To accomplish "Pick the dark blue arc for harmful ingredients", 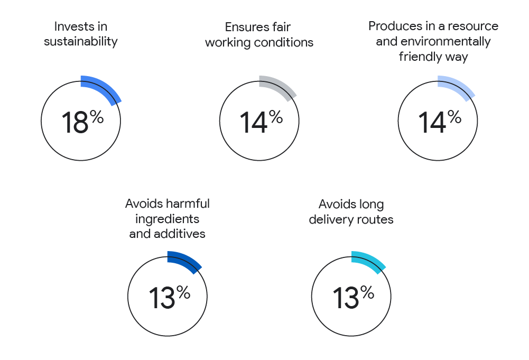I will (187, 261).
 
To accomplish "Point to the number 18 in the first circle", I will (75, 123).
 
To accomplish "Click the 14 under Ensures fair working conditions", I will (253, 123).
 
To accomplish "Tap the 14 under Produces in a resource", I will (432, 123).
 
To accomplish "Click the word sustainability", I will (80, 42).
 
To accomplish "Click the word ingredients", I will (167, 219).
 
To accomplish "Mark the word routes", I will (375, 219).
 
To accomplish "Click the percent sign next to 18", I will (97, 117).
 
